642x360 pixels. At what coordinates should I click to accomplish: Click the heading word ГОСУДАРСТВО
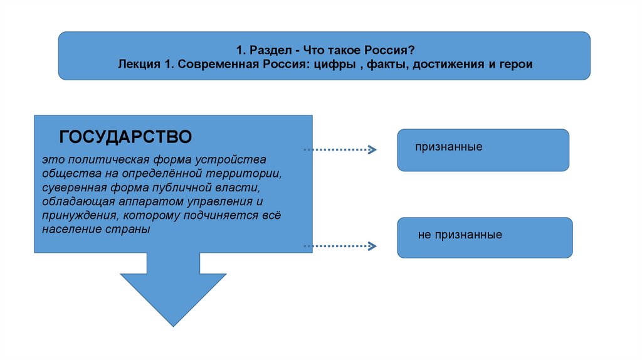(125, 136)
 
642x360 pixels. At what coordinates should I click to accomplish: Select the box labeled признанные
(483, 150)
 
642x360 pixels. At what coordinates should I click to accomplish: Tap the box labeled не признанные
(484, 237)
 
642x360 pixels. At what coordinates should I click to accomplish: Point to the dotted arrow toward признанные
(339, 150)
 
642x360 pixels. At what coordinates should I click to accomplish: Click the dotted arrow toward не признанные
(339, 246)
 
